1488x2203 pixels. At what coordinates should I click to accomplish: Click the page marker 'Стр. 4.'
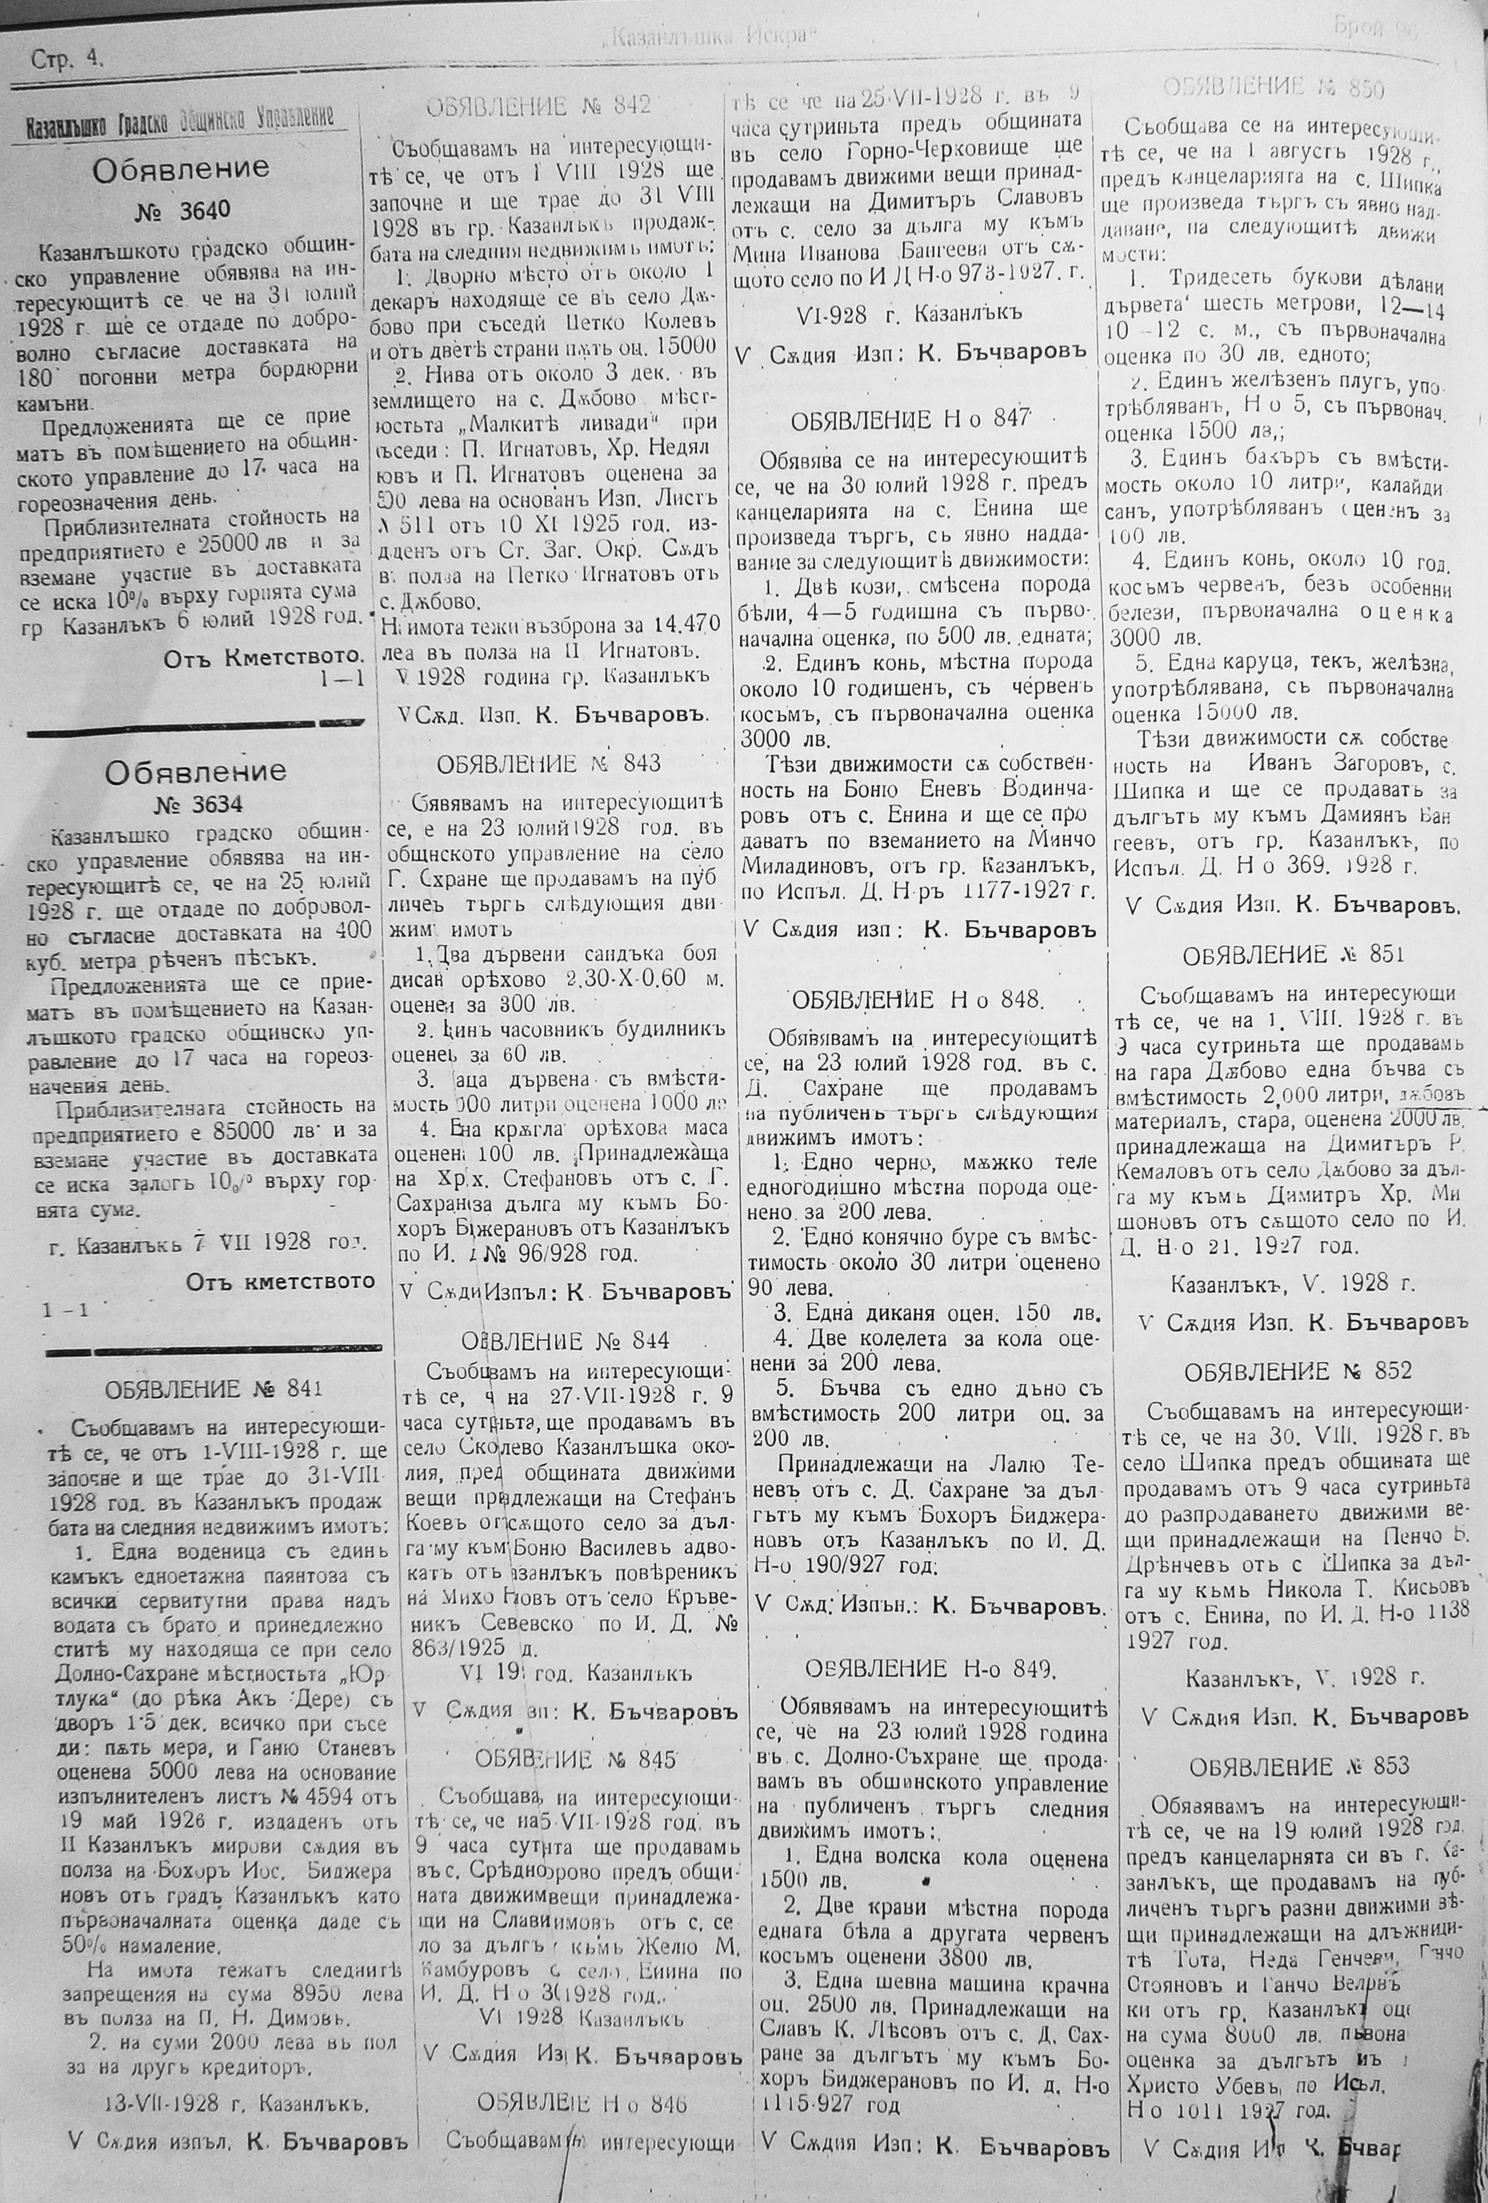point(67,59)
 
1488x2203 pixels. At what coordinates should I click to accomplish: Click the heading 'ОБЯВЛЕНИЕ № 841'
point(214,1390)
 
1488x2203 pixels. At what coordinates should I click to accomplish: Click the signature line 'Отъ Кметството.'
point(263,656)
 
